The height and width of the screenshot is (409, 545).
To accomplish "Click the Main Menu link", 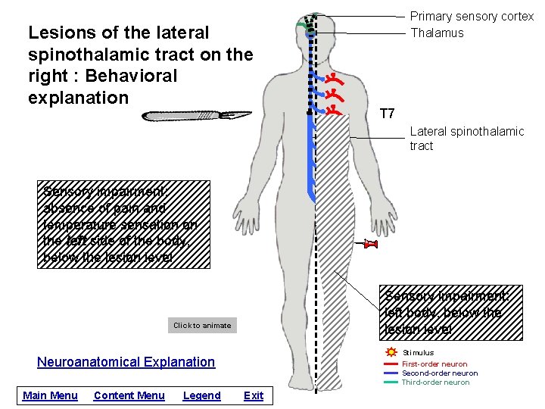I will [x=50, y=395].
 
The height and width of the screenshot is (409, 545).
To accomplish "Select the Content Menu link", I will [x=129, y=395].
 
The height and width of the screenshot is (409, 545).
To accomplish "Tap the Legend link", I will [x=201, y=395].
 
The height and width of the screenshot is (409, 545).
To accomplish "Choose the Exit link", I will [x=254, y=395].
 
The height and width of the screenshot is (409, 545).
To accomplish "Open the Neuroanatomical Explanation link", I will [x=126, y=362].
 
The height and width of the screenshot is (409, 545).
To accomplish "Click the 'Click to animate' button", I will [x=202, y=326].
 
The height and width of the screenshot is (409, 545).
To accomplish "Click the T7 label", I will [x=387, y=114].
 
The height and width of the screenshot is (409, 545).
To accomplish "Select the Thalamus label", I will [x=437, y=33].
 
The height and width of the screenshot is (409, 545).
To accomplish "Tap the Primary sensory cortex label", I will [x=472, y=16].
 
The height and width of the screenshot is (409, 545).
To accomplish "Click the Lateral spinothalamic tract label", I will [x=466, y=139].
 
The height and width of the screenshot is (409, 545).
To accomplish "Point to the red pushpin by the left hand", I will [x=371, y=243].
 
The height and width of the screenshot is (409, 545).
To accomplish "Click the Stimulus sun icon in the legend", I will [x=391, y=352].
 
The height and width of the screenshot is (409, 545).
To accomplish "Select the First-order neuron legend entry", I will [x=434, y=364].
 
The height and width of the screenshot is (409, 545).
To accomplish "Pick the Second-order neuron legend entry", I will [x=439, y=373].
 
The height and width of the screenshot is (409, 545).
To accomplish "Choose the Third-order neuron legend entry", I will [x=435, y=382].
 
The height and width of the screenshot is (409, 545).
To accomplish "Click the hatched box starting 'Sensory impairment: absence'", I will [x=123, y=224].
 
